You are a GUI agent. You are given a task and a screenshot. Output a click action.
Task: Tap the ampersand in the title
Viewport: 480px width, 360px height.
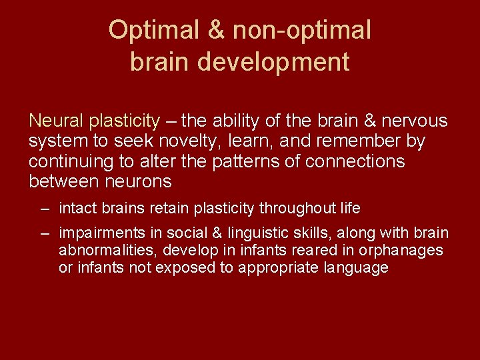(219, 29)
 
